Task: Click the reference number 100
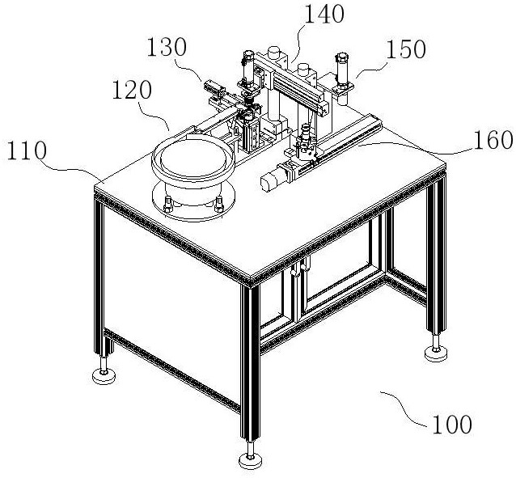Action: coord(452,424)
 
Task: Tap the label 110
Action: coord(30,150)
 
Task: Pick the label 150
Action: coord(407,50)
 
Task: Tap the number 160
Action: coord(493,140)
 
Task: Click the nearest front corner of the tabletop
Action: coord(250,279)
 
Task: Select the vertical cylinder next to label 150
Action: coord(341,73)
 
